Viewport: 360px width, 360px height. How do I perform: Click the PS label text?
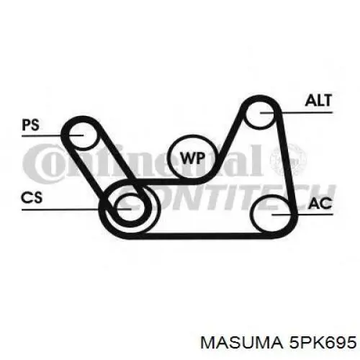pyautogui.click(x=30, y=125)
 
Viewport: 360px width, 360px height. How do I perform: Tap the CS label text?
pyautogui.click(x=32, y=198)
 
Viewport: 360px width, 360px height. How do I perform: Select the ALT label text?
pyautogui.click(x=318, y=100)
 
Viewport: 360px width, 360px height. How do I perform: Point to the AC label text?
pyautogui.click(x=320, y=204)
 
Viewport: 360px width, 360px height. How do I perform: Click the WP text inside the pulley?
pyautogui.click(x=193, y=158)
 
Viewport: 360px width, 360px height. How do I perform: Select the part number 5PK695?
pyautogui.click(x=323, y=342)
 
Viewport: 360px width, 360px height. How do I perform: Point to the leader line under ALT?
pyautogui.click(x=296, y=112)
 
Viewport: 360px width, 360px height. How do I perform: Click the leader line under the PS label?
pyautogui.click(x=53, y=135)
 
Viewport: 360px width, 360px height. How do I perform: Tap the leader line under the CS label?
pyautogui.click(x=76, y=210)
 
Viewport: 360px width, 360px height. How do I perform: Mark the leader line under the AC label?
pyautogui.click(x=302, y=214)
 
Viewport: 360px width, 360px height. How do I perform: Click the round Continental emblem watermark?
pyautogui.click(x=289, y=159)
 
